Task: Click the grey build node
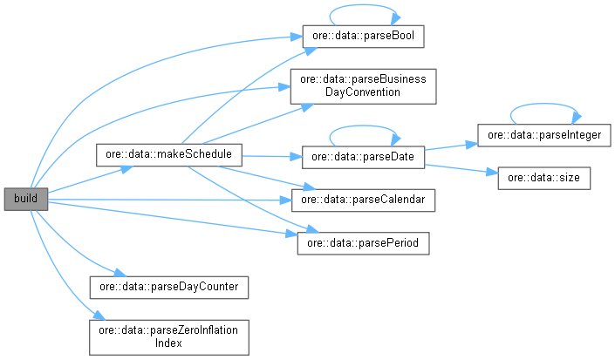click(x=24, y=200)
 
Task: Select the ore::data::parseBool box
click(x=362, y=38)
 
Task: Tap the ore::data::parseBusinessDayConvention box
click(x=362, y=85)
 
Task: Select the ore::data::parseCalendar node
click(x=362, y=200)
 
